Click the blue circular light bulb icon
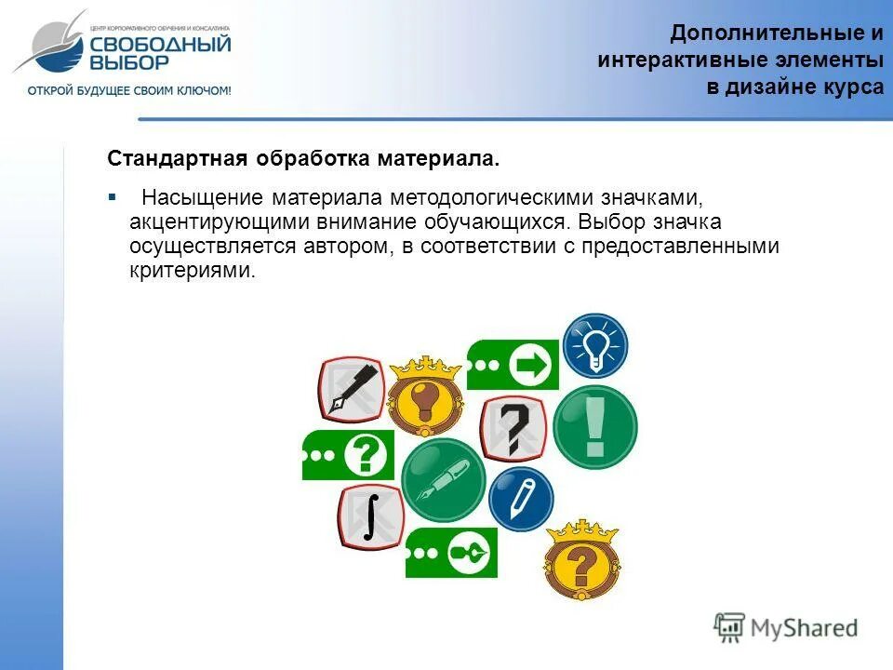click(x=595, y=345)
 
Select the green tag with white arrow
click(x=513, y=364)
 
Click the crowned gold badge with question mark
click(x=581, y=561)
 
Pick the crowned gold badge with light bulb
click(x=424, y=395)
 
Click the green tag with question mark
click(x=348, y=455)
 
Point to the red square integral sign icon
click(x=369, y=517)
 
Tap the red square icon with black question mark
click(x=512, y=427)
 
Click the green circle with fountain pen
click(x=444, y=480)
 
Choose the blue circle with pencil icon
click(x=521, y=499)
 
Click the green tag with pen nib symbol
click(x=451, y=553)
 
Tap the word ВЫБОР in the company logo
click(x=130, y=63)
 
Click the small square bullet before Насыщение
click(x=112, y=197)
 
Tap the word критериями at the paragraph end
click(x=192, y=272)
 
